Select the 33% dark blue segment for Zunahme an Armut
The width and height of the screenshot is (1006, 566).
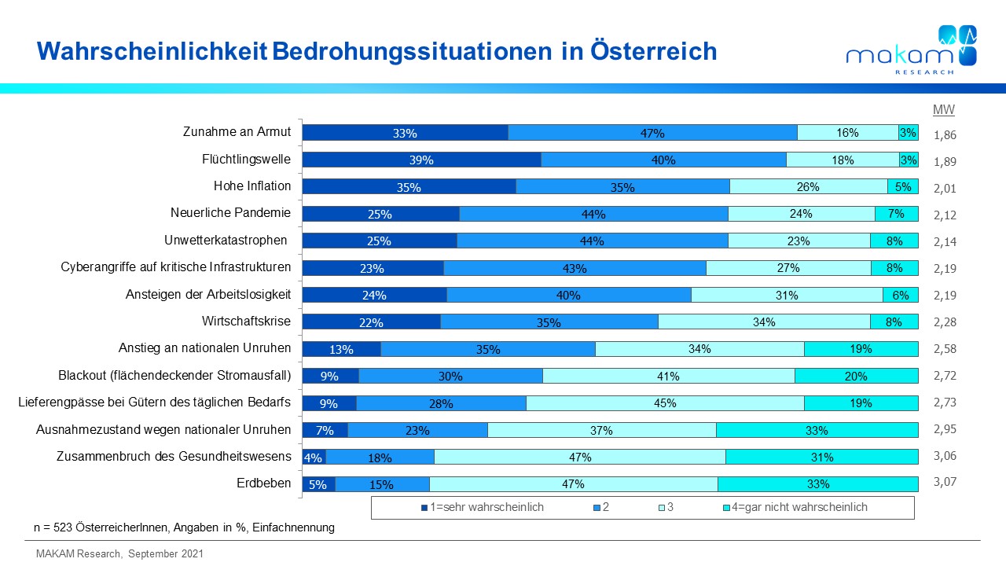pos(405,133)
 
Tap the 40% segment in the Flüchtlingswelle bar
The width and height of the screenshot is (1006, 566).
pos(663,160)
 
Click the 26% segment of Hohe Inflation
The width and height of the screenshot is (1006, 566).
pos(808,186)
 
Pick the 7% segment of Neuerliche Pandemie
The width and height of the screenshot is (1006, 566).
pos(896,213)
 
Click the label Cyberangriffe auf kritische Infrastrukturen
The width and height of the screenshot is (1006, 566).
pos(176,266)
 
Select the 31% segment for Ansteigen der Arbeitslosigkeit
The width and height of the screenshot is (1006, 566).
pos(787,295)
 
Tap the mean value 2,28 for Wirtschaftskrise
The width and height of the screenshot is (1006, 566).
pos(945,322)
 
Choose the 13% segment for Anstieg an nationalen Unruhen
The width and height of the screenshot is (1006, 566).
pos(341,348)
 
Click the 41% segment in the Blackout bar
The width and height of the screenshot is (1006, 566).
pos(668,375)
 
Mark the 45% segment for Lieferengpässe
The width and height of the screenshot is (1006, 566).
pos(665,402)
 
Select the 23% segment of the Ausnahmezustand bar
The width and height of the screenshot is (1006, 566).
pos(417,429)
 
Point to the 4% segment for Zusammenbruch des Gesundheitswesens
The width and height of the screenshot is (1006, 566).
pos(314,456)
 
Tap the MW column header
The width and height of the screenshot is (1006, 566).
pos(943,110)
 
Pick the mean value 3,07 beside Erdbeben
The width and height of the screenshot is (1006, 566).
pos(945,483)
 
